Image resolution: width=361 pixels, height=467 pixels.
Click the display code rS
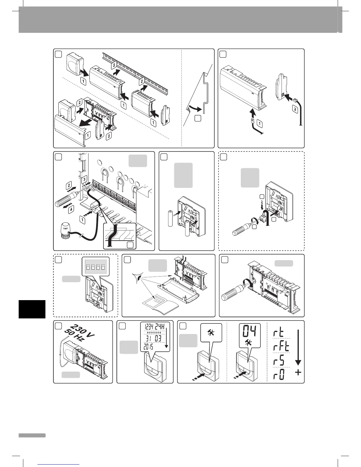click(x=278, y=361)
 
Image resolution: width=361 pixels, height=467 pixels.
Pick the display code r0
click(x=278, y=374)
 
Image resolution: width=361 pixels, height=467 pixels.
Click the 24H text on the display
click(x=162, y=327)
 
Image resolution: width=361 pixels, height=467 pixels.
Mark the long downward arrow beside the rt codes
click(x=298, y=348)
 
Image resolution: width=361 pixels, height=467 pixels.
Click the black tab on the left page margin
click(x=32, y=309)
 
